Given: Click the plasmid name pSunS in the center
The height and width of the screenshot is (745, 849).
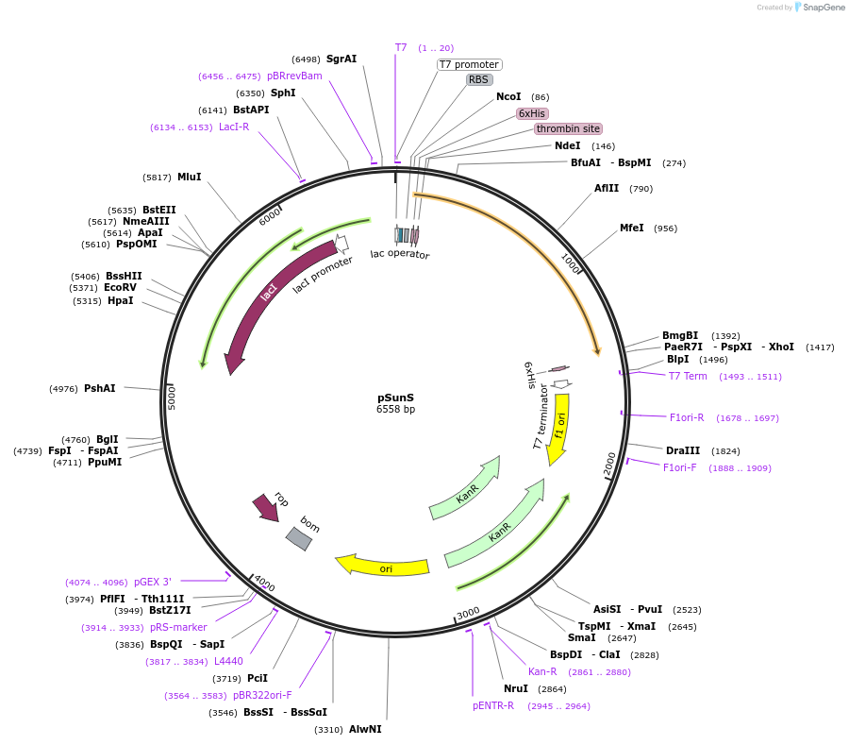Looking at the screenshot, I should [395, 398].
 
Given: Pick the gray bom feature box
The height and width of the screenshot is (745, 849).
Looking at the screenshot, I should [300, 538].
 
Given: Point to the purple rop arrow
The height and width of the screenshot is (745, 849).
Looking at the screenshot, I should [265, 507].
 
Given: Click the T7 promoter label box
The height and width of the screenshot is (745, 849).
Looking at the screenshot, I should [469, 64].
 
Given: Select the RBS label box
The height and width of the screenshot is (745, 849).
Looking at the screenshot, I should [479, 79].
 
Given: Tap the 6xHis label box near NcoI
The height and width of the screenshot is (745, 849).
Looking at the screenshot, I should [533, 113].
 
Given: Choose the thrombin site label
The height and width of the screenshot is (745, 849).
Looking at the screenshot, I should [568, 128].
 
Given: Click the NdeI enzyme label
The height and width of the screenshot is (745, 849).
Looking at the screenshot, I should [568, 145].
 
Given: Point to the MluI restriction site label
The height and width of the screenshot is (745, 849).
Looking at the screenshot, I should [189, 177].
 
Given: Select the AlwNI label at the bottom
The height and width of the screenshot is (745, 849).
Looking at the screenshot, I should [365, 729].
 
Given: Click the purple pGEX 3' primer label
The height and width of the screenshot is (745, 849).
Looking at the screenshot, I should [153, 582].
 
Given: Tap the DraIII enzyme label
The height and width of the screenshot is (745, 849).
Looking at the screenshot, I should [683, 450].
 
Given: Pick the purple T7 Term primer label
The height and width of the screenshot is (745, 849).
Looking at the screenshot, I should [688, 376].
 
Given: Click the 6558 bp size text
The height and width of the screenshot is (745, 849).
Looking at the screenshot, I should [395, 410].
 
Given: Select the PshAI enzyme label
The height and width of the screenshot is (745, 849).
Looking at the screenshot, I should [99, 388].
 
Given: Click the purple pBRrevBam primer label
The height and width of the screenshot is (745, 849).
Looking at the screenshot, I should [294, 76].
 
